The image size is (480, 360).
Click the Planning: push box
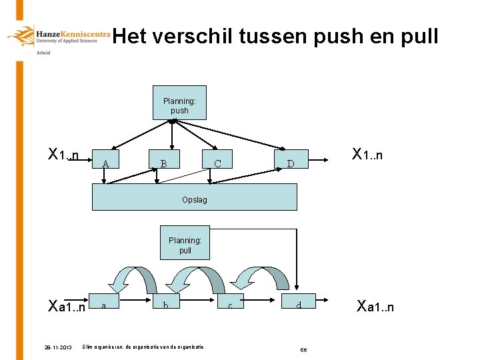click(x=179, y=104)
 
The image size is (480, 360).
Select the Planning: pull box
click(x=185, y=245)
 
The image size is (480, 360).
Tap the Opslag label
click(x=194, y=199)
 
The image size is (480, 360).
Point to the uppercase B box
click(x=163, y=163)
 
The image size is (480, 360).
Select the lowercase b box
click(x=165, y=305)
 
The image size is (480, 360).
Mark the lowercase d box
click(x=299, y=305)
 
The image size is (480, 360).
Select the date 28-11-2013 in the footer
click(x=58, y=347)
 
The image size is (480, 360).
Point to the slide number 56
click(x=303, y=349)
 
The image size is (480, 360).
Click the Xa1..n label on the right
click(x=375, y=307)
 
